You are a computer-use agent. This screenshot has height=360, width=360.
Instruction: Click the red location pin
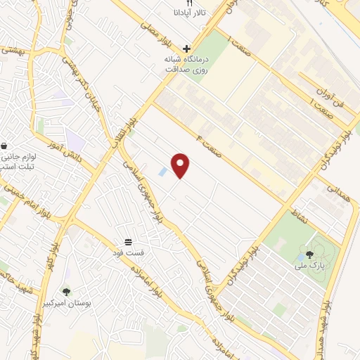coord(181,165)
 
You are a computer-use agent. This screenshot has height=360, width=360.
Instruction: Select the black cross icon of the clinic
coord(186,49)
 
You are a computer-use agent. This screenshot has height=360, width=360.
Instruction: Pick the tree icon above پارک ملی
coord(309,253)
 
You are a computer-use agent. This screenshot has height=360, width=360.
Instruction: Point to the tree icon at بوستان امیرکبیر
coord(67,291)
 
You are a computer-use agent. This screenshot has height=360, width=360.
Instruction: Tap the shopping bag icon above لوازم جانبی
coord(5,145)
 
